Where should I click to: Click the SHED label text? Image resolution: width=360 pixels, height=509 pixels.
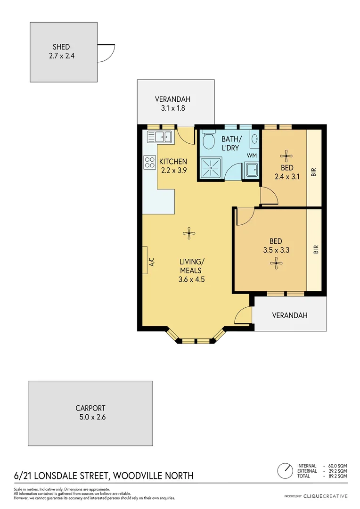tap(61, 47)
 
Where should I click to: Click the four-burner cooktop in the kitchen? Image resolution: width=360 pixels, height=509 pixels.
tap(150, 163)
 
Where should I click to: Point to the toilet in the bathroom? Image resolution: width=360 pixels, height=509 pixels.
tap(208, 140)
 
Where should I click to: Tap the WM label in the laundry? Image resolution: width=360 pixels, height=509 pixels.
tap(252, 155)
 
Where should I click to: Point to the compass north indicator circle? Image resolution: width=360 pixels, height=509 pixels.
tap(284, 470)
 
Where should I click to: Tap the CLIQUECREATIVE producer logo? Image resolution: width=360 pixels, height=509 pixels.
tap(325, 496)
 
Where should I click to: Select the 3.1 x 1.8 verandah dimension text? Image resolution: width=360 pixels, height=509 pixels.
tap(172, 108)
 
